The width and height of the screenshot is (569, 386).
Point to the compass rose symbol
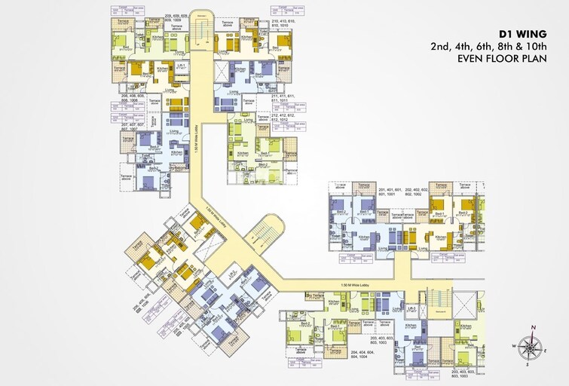[532, 348]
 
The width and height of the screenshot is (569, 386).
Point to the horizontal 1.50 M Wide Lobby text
[355, 285]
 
